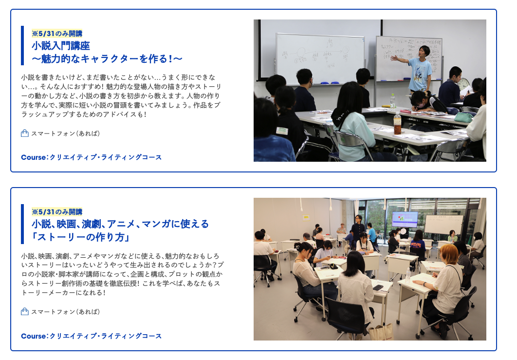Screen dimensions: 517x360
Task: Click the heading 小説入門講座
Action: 61,45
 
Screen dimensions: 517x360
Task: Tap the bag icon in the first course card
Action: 25,133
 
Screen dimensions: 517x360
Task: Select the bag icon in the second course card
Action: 25,311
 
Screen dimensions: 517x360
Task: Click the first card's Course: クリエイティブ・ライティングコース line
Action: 92,157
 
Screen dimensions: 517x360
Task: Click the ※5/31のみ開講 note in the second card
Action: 57,212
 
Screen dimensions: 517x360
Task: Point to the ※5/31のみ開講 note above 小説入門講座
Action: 57,33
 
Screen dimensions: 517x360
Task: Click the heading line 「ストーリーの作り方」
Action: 80,237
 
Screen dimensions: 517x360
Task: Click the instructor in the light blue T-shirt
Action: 418,69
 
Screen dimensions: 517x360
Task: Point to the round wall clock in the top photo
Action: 463,84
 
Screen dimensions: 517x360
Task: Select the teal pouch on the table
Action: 463,117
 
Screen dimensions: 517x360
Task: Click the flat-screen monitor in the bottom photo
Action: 405,220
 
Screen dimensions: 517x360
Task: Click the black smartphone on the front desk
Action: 378,287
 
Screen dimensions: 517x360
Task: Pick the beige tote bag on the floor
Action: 381,332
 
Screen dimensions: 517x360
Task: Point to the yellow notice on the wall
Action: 306,217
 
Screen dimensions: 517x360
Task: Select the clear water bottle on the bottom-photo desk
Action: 408,276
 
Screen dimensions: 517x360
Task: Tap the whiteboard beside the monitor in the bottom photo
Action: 444,225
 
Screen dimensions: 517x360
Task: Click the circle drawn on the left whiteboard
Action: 301,53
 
